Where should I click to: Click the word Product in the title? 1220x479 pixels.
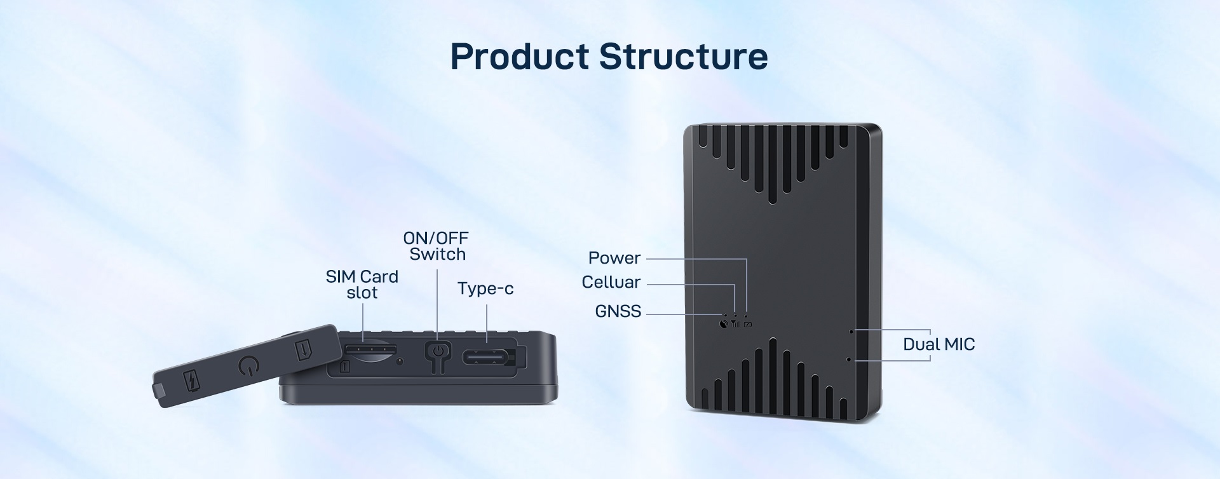coord(519,57)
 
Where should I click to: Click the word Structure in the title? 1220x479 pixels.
coord(684,57)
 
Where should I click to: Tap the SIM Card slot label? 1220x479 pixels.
coord(362,285)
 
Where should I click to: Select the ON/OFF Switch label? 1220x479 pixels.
coord(437,246)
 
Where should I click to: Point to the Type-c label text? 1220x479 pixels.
coord(485,289)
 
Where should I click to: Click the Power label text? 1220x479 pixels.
coord(614,258)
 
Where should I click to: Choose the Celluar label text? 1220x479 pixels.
coord(611,282)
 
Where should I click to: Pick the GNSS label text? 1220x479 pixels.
coord(618,311)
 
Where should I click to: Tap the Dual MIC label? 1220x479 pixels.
coord(939,344)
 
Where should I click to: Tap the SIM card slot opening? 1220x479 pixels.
coord(371,350)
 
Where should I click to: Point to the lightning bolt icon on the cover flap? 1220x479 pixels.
coord(191,380)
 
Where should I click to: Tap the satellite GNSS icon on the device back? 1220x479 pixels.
coord(724,324)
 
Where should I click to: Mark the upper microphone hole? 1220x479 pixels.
coord(851,332)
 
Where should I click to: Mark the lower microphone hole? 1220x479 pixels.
coord(849,360)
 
